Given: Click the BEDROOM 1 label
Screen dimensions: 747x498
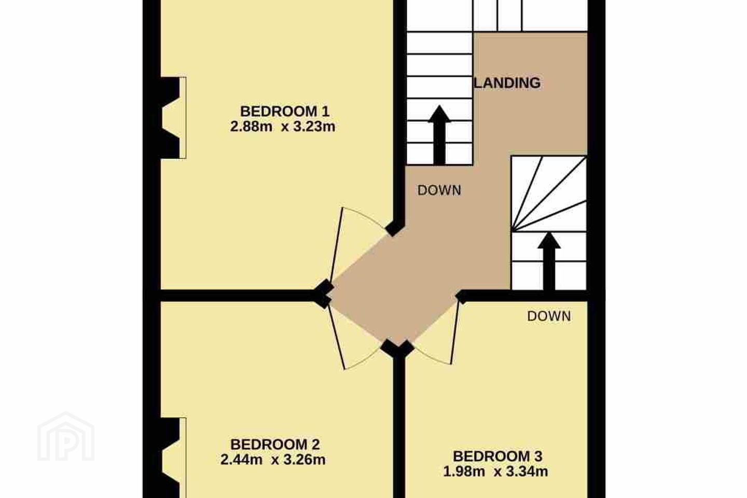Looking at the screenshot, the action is coord(285,112).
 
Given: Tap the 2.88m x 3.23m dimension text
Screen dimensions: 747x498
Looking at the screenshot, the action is coord(282,127).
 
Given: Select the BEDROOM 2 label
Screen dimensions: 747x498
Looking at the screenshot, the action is coord(275,444).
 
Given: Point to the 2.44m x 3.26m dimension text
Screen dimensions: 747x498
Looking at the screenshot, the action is coord(273,460).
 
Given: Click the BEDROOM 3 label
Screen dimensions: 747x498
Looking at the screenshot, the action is coord(497,457).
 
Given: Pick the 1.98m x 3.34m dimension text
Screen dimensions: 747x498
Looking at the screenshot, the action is coord(495,472).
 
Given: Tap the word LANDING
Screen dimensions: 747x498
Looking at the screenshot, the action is coord(507,82).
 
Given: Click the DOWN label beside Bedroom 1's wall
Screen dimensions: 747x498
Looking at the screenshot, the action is coord(439,190).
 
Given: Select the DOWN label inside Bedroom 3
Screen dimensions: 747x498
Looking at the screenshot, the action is coord(549,316).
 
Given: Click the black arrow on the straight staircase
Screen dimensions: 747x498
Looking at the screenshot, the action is coord(439,135).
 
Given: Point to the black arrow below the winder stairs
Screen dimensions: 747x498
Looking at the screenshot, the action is coord(549,261).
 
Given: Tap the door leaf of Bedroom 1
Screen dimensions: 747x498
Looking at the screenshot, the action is coord(336,245).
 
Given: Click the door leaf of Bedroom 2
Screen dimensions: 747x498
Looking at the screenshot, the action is coord(337,337).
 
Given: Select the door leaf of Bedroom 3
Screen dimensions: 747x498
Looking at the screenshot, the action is coord(455,333).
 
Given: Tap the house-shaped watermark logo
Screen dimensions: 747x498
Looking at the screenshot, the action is coord(66,436).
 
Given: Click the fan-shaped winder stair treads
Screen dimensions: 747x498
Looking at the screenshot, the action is coord(549,194).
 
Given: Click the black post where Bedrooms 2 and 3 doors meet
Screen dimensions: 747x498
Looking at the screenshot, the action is coord(397,349).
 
